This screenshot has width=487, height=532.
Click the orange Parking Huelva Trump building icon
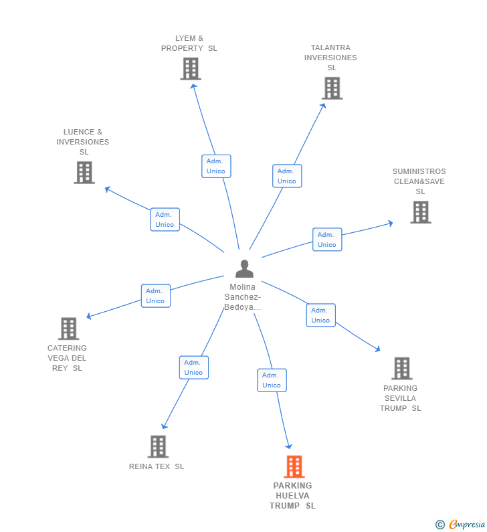point(294,466)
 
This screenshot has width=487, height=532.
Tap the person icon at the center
point(244,268)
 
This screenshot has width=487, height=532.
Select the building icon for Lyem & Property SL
point(191,69)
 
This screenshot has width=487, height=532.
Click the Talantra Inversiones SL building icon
point(332,88)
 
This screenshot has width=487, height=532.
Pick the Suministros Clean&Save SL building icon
point(421,212)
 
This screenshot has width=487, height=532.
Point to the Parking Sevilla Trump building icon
point(402,368)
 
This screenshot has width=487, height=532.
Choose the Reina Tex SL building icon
point(158,446)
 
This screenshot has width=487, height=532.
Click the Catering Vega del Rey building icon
point(68,329)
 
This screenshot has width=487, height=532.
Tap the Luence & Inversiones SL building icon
point(84,173)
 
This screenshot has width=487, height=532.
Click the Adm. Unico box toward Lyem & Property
point(216,166)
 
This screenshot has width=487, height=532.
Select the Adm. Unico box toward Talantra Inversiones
point(287,176)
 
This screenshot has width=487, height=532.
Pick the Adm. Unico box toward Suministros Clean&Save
point(327,240)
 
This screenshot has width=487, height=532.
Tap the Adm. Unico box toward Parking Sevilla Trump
point(321,315)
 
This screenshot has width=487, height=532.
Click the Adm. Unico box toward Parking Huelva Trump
point(272,380)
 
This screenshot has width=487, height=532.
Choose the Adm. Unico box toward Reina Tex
point(193,367)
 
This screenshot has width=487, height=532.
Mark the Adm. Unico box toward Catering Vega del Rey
point(156,296)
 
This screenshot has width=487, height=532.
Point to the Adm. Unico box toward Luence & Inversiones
point(165,219)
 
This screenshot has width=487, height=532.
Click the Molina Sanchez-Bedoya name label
point(242,297)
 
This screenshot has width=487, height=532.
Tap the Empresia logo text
point(467,525)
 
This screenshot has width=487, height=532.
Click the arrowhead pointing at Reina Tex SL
point(164,426)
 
